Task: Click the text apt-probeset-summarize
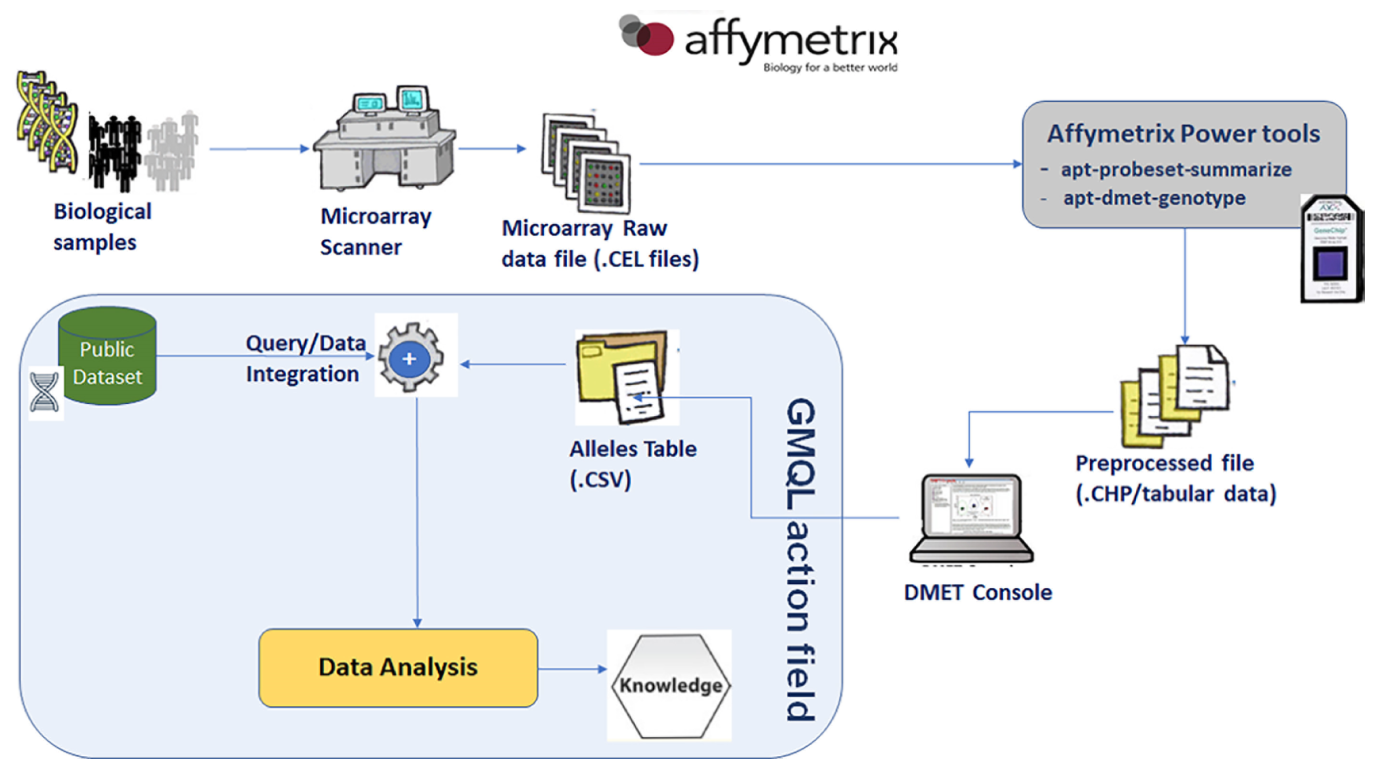click(x=1175, y=170)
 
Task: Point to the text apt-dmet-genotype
click(x=1154, y=198)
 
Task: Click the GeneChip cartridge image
click(x=1331, y=250)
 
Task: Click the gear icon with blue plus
click(x=411, y=358)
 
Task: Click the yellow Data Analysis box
click(x=398, y=668)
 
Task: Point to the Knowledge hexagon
click(x=671, y=686)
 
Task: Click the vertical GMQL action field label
click(x=801, y=559)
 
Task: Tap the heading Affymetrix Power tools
click(x=1183, y=133)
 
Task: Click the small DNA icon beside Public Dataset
click(x=45, y=393)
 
